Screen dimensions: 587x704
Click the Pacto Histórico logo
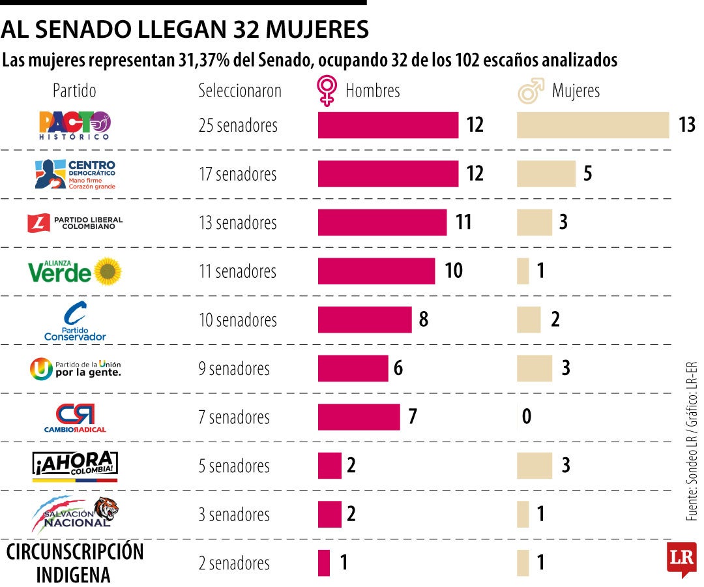pyautogui.click(x=74, y=125)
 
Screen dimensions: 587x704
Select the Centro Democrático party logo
pyautogui.click(x=74, y=174)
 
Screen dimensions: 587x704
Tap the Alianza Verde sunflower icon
pyautogui.click(x=108, y=271)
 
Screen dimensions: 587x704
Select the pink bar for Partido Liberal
pyautogui.click(x=382, y=222)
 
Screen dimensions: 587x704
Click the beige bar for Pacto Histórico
pyautogui.click(x=593, y=125)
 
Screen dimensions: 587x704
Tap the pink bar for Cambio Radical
pyautogui.click(x=359, y=417)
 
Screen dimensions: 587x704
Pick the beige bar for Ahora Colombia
pyautogui.click(x=534, y=466)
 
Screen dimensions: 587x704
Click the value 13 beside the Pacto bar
pyautogui.click(x=686, y=125)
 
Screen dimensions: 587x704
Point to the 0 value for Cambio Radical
pyautogui.click(x=527, y=417)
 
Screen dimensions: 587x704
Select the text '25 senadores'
pyautogui.click(x=237, y=125)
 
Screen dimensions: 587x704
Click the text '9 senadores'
pyautogui.click(x=233, y=369)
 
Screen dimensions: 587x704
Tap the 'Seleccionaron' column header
pyautogui.click(x=239, y=91)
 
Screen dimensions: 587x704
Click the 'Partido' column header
pyautogui.click(x=74, y=91)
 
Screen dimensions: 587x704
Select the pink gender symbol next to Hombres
pyautogui.click(x=327, y=91)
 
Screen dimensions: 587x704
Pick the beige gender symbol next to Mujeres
pyautogui.click(x=531, y=91)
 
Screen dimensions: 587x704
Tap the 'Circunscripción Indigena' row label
pyautogui.click(x=74, y=563)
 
